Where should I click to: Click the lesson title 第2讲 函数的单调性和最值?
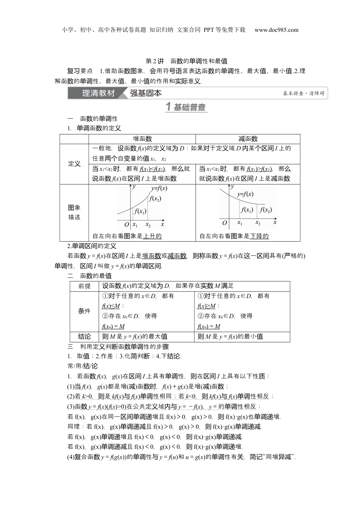tap(186, 61)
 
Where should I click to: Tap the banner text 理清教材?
tap(98, 93)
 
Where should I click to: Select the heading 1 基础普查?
tap(186, 107)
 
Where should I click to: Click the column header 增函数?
tap(142, 139)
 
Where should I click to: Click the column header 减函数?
tap(248, 139)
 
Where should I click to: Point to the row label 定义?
tap(74, 164)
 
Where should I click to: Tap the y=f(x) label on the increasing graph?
tap(159, 188)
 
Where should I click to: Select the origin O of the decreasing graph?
tap(224, 223)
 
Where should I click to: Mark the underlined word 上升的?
tap(152, 236)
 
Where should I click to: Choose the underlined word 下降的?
tap(259, 236)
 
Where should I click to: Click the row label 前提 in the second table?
tap(85, 286)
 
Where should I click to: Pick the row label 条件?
tap(84, 311)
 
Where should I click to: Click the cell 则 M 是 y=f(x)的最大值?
tap(135, 336)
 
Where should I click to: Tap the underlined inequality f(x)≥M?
tap(207, 306)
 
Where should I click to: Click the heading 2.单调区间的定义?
tap(92, 246)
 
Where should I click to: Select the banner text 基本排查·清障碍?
tap(304, 94)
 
